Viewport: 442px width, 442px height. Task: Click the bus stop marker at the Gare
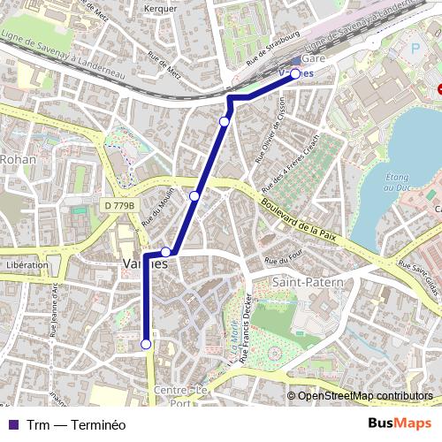point(296,74)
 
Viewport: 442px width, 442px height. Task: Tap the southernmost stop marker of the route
point(146,344)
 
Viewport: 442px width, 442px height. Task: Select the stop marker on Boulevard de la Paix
point(194,195)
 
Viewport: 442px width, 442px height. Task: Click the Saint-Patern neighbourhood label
point(301,282)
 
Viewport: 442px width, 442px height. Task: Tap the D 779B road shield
point(118,206)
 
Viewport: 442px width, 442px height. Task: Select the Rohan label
point(17,159)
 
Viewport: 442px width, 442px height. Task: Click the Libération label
point(27,264)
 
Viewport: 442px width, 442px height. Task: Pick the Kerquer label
point(160,8)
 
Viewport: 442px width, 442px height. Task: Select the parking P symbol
point(417,49)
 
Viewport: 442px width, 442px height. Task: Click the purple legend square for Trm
point(12,424)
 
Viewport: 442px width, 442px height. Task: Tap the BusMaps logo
point(400,424)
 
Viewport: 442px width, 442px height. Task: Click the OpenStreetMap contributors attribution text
point(365,395)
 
